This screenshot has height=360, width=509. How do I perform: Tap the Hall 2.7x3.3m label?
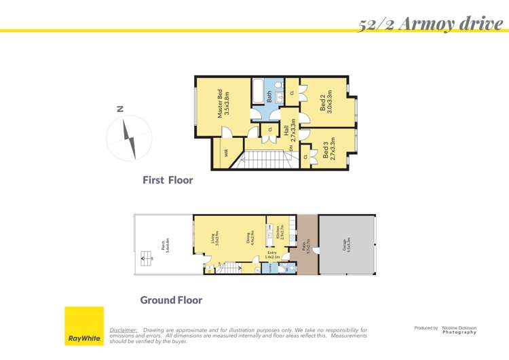pos(290,129)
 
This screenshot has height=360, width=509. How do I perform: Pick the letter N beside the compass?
pos(120,108)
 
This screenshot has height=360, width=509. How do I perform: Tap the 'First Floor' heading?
pos(168,181)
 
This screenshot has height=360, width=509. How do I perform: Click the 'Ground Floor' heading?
pos(171,300)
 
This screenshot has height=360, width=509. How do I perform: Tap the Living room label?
pos(215,238)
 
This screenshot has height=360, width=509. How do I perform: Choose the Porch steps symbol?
pos(143,257)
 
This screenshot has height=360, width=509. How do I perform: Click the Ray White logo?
pos(84,326)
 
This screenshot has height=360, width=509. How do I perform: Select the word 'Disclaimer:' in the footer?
pos(124,330)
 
